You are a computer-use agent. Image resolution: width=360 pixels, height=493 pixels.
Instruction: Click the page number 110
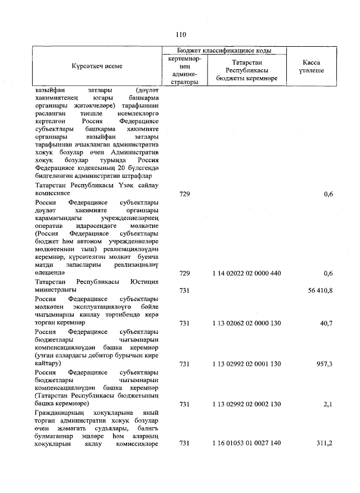[180, 33]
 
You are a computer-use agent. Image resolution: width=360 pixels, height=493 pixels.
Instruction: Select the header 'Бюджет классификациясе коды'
[224, 50]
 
